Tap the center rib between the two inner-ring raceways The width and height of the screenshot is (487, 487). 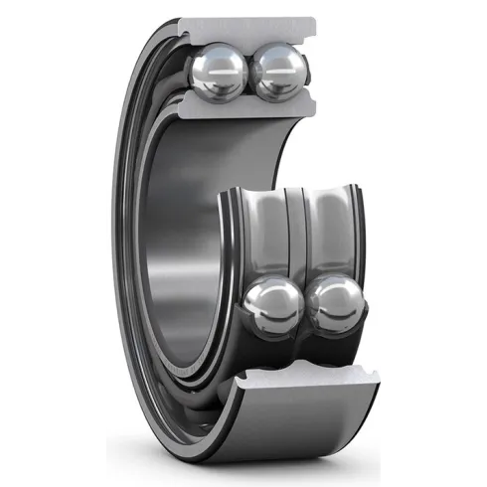click(x=296, y=239)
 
